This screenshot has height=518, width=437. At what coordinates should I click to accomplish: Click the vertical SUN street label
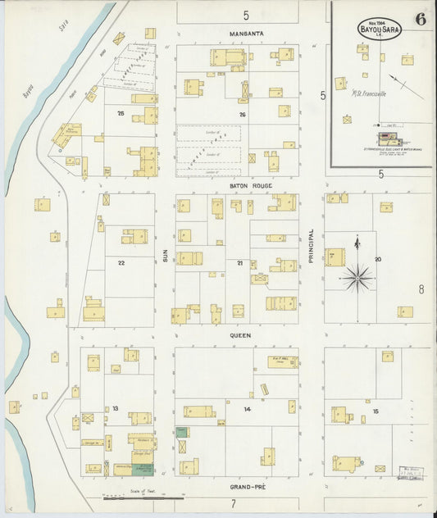[x=164, y=256]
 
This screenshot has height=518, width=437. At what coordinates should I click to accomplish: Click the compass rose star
[x=357, y=278]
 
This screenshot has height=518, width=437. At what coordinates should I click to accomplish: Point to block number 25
[x=120, y=113]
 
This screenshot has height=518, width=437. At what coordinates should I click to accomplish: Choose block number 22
[x=121, y=262]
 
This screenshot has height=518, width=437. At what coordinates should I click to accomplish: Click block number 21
[x=240, y=262]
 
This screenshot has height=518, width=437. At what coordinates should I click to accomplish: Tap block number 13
[x=116, y=408]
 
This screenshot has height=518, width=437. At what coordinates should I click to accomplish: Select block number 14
[x=246, y=408]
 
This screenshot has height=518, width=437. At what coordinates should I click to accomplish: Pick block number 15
[x=376, y=410]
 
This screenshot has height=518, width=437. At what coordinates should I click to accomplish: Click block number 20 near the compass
[x=377, y=259]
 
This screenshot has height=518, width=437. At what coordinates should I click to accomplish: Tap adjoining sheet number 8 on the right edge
[x=421, y=289]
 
